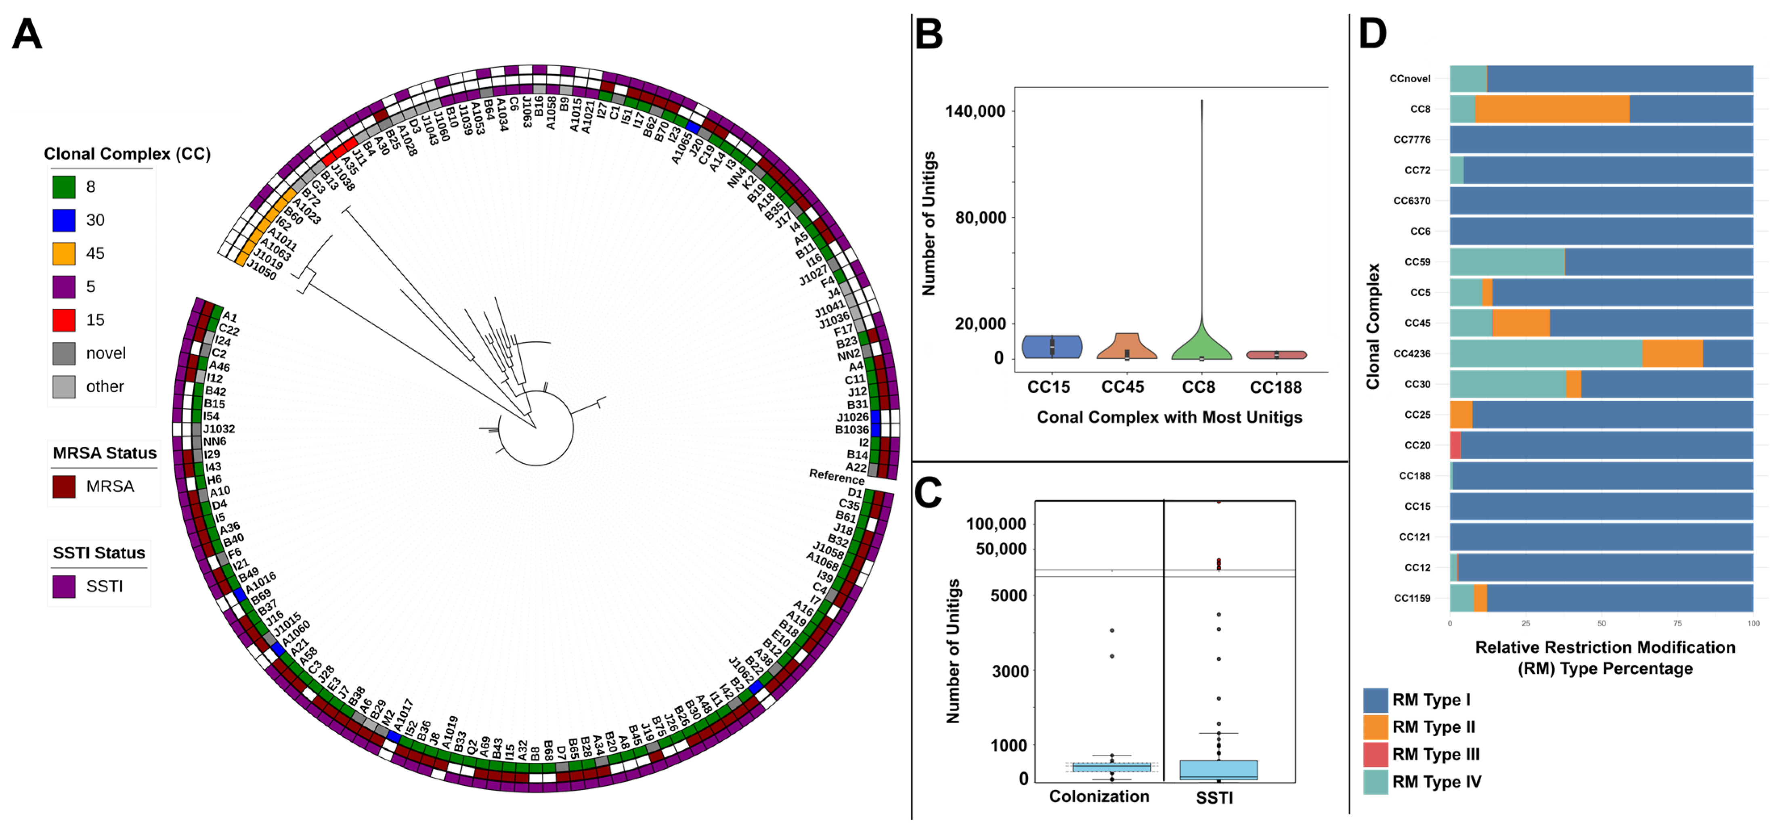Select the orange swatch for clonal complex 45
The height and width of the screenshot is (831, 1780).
[63, 253]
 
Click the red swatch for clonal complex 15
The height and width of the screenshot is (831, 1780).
[63, 320]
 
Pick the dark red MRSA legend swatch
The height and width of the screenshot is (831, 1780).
[63, 486]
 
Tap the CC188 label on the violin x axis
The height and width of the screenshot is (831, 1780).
[1276, 387]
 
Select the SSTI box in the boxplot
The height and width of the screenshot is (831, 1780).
[1218, 770]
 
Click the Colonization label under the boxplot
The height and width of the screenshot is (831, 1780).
[1099, 796]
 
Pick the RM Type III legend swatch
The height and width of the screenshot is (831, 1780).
[1375, 754]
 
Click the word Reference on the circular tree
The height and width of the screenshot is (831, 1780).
[836, 477]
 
